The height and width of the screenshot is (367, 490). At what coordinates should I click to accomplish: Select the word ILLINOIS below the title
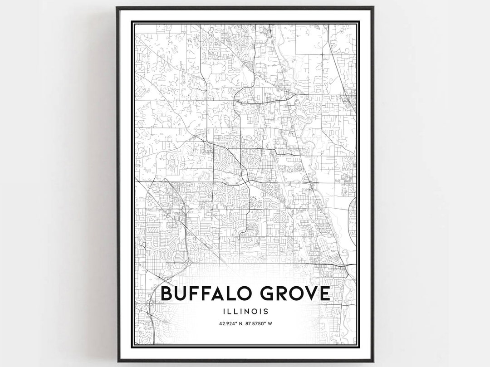point(245,312)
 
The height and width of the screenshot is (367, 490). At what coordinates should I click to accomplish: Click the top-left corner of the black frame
point(117,8)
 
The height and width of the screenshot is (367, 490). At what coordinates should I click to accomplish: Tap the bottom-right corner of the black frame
point(373,361)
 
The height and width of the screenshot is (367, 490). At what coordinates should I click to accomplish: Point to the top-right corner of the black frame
point(373,8)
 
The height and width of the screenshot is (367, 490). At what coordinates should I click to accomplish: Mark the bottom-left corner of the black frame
point(117,361)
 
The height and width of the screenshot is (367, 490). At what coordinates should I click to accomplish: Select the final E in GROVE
point(323,294)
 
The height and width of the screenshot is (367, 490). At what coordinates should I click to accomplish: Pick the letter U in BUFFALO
point(182,294)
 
